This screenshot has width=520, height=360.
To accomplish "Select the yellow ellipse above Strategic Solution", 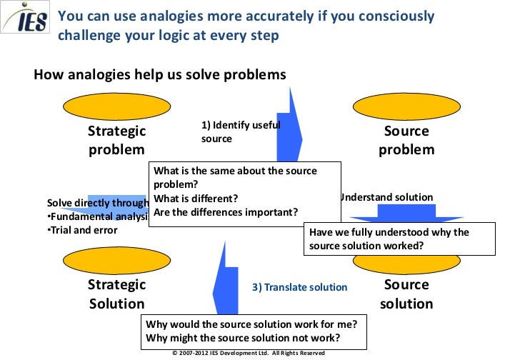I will (116, 261).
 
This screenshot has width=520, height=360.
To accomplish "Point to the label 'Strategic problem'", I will (116, 140).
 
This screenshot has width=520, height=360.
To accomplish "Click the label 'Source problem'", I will (406, 140).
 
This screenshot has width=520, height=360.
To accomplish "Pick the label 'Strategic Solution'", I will (116, 294).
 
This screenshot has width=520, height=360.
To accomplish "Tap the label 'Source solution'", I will (406, 294).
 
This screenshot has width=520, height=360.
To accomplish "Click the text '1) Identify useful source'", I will (239, 131).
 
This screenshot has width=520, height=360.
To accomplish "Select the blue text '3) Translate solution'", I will (299, 287).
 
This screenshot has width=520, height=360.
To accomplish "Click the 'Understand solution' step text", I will (386, 197).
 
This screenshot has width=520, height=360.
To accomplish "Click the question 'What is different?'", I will (196, 199).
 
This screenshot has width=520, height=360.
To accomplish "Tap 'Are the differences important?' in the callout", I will (226, 211).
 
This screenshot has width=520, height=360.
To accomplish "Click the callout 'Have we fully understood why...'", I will (400, 239).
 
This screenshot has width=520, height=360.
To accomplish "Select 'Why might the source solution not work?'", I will (242, 337).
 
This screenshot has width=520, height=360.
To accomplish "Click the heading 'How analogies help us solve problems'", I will (160, 74).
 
